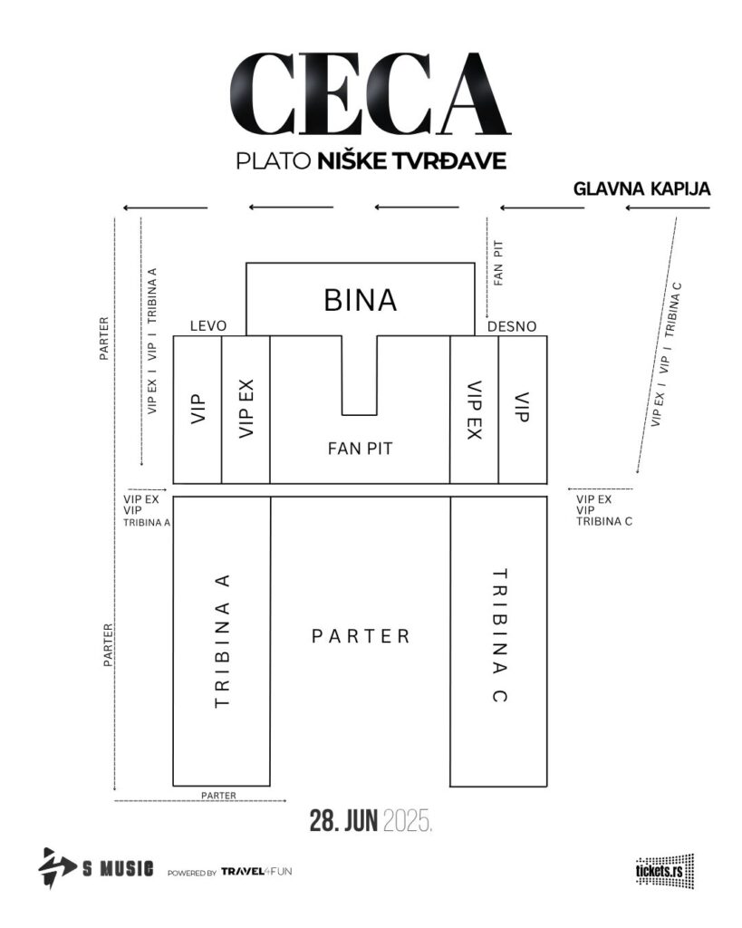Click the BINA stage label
[360, 300]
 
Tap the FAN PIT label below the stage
[360, 449]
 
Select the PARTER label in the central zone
[361, 636]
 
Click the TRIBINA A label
[223, 641]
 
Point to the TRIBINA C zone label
[499, 635]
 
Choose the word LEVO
[208, 326]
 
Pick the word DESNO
[512, 326]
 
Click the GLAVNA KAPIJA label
[642, 188]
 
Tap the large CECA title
[371, 94]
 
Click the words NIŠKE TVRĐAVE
[412, 161]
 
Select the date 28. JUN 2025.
[371, 821]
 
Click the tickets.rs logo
[664, 871]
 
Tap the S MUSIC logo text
[118, 869]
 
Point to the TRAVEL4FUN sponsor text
[256, 871]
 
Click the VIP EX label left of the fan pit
[246, 409]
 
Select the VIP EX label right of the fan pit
[475, 411]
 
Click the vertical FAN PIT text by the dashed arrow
[498, 263]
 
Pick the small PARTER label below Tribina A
[219, 796]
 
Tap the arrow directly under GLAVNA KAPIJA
[668, 208]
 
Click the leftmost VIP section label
[198, 409]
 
